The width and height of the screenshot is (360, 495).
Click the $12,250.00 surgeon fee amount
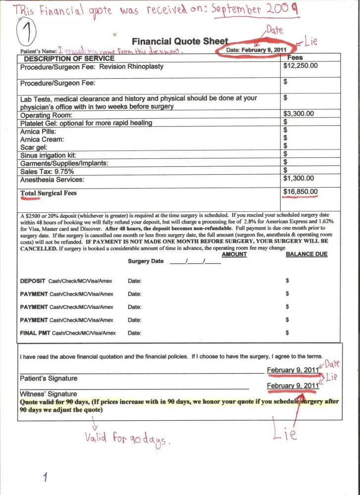pos(301,65)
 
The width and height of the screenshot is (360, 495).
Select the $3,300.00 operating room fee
pos(299,114)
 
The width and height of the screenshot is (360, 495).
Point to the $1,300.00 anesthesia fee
pos(299,179)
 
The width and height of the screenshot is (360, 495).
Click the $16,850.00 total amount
pos(301,192)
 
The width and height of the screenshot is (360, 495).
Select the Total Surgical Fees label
pos(48,193)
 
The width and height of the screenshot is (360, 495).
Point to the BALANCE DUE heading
pos(307,254)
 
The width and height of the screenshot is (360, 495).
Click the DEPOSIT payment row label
pos(33,281)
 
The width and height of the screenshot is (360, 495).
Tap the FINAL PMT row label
pos(36,333)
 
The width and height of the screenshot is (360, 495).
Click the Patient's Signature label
pos(49,379)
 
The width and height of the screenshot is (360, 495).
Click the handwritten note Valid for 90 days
pos(127,438)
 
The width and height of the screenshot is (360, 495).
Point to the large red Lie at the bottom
pos(285,434)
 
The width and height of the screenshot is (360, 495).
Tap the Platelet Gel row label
pos(86,123)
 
